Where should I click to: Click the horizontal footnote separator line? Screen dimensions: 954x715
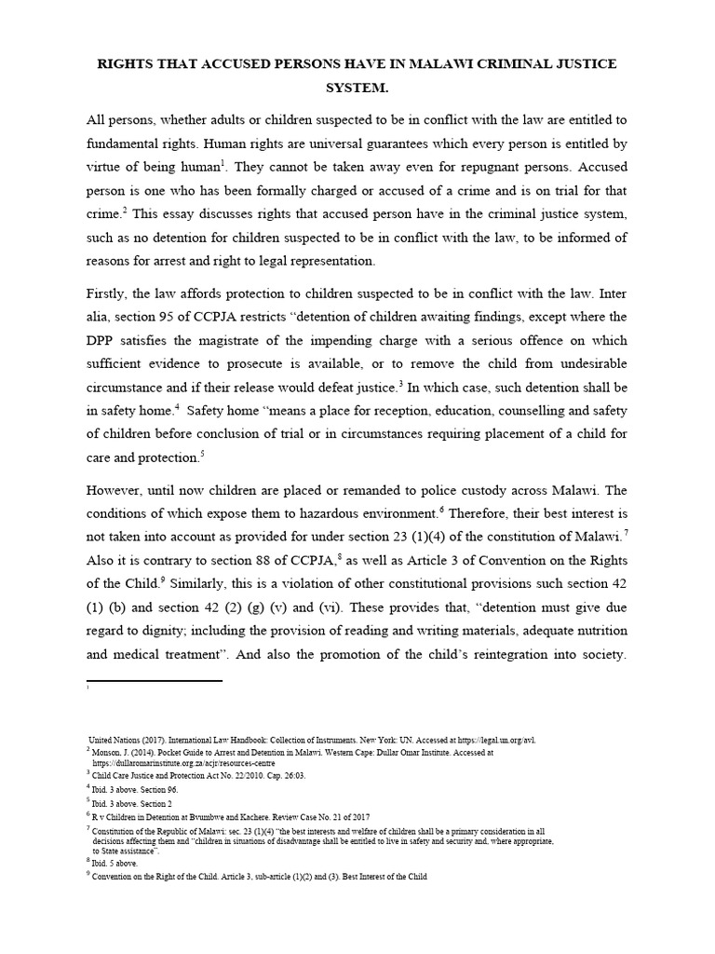[x=154, y=682]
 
